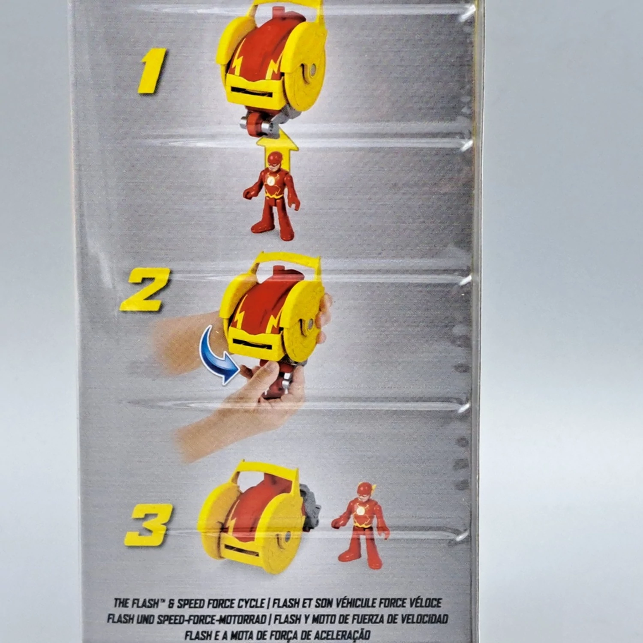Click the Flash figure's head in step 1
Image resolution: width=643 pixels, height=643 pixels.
[x=275, y=161]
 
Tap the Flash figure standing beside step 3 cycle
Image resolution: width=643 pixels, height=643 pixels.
[x=361, y=525]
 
